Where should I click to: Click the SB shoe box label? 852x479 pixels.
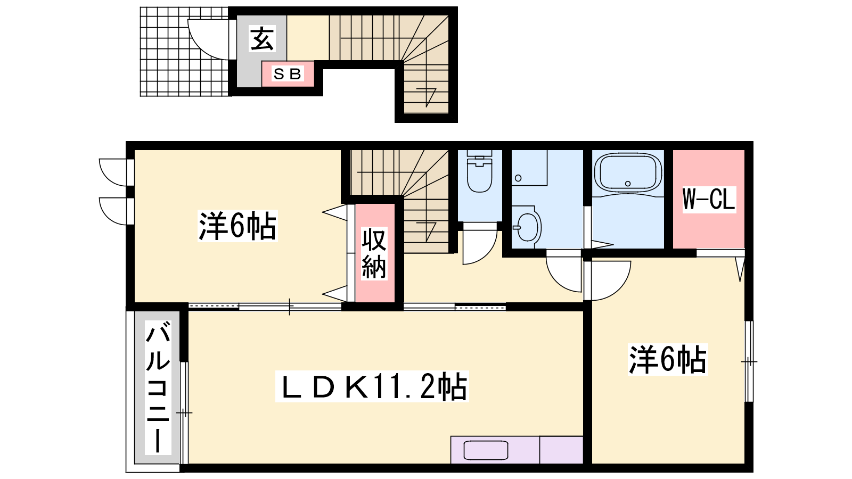[x=288, y=74]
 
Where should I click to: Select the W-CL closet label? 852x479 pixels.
[x=709, y=199]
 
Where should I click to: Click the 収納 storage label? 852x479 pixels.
[x=374, y=253]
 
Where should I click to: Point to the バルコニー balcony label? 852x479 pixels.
[x=158, y=388]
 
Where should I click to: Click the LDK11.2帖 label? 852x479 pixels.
[x=372, y=386]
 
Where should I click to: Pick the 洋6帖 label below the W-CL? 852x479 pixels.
[x=668, y=359]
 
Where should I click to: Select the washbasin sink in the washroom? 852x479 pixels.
[x=527, y=227]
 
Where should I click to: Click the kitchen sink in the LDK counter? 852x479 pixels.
[x=486, y=450]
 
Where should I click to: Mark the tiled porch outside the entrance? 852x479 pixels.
[x=184, y=51]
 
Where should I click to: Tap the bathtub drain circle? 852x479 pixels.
[x=628, y=184]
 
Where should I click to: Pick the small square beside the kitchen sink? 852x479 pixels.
[x=561, y=450]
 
